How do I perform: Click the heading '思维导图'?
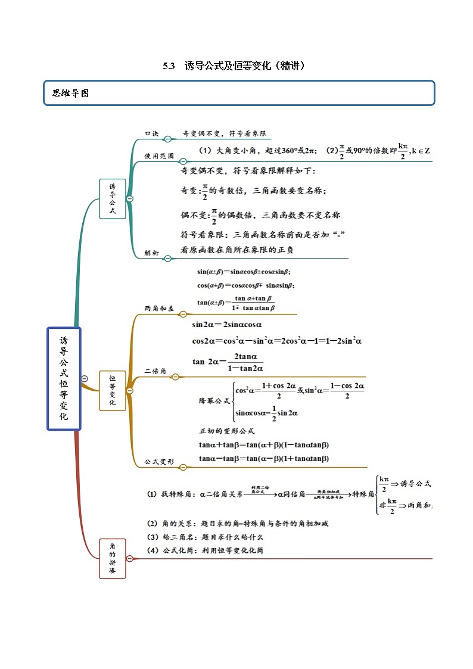point(70,93)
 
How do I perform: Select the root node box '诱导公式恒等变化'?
point(64,378)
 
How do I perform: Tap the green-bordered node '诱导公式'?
point(112,198)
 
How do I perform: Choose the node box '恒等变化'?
point(112,390)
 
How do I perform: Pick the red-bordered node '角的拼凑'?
point(112,559)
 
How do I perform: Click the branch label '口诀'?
point(152,134)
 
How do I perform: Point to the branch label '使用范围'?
point(159,156)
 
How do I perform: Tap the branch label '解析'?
point(152,253)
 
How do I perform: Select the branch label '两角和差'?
point(159,309)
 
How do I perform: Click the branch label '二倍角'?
point(155,372)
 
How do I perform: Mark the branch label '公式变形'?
point(159,461)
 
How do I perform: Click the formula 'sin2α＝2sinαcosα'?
point(227,325)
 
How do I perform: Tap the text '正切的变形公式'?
point(226,431)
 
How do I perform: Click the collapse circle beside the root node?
point(85,378)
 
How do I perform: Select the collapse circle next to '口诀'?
point(168,139)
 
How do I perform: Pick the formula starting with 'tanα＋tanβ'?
point(264,444)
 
